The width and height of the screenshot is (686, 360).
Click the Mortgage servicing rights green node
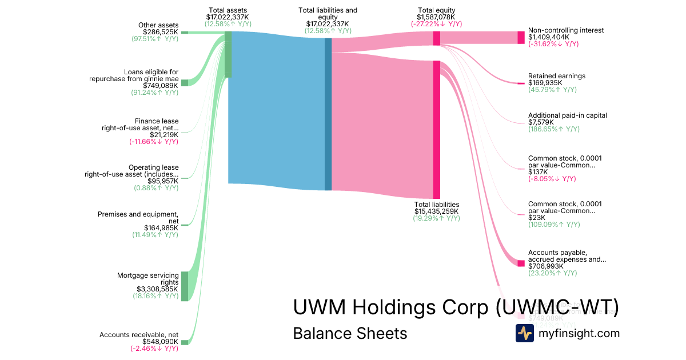(x=185, y=286)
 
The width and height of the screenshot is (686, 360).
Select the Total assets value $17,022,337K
(x=228, y=17)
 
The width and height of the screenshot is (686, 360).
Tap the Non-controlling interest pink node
(x=521, y=38)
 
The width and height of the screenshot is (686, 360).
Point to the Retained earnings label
(x=556, y=76)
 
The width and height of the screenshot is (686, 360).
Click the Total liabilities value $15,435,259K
(x=436, y=211)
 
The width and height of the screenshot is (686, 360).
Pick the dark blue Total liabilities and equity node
(x=328, y=114)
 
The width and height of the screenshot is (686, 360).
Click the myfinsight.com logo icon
(x=524, y=333)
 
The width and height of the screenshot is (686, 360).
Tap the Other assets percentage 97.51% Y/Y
(x=155, y=39)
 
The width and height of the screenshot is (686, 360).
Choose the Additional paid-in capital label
(x=567, y=115)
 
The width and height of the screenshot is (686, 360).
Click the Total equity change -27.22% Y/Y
(x=436, y=24)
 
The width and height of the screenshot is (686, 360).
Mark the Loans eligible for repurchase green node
(x=185, y=83)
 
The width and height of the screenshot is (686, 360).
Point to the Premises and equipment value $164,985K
(x=161, y=228)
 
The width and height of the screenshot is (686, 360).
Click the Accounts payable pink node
(x=521, y=263)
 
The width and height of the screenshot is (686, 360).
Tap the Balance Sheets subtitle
(x=350, y=333)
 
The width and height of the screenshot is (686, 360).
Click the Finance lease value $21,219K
(x=164, y=134)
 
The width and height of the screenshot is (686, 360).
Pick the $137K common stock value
(x=538, y=171)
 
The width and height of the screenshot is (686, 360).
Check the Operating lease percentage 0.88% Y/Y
(x=156, y=188)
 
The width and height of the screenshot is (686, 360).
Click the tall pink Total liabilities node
(x=436, y=129)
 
